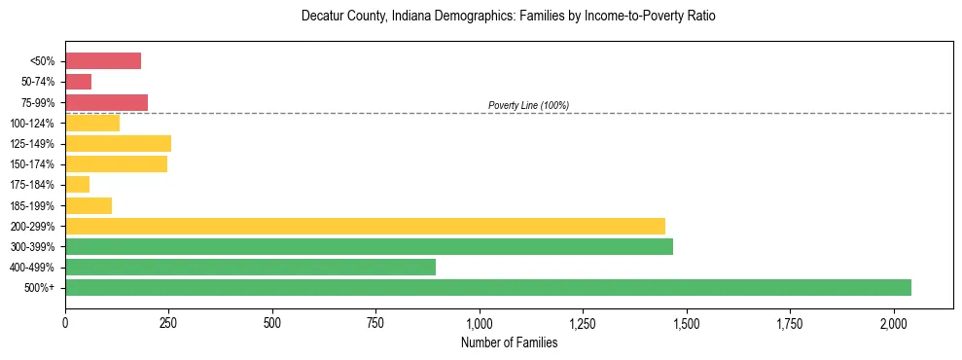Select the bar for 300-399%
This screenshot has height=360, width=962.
369,246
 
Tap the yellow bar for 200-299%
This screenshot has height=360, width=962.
365,226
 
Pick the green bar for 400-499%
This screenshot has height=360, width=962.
250,267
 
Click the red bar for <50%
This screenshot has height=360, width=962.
103,61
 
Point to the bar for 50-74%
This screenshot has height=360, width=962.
78,82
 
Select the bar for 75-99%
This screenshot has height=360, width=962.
106,102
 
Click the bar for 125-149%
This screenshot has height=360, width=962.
118,143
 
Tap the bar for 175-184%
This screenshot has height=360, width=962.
77,185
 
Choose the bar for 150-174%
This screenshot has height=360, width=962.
116,164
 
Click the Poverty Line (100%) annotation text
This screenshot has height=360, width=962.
528,105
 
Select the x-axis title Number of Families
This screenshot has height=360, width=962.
509,342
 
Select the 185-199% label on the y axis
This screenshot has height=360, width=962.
34,205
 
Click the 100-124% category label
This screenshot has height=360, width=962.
34,124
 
